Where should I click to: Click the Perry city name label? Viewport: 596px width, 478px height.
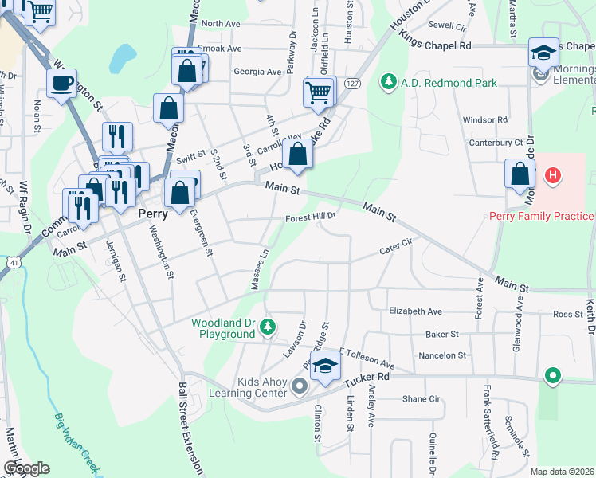tap(152, 214)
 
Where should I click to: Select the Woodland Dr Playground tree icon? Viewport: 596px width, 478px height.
tap(269, 326)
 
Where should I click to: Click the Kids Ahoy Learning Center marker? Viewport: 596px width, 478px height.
tap(300, 387)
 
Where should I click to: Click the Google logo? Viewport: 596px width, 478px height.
tap(25, 468)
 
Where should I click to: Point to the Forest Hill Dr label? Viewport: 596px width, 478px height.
tap(312, 216)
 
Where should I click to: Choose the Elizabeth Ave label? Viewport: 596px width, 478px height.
tap(414, 311)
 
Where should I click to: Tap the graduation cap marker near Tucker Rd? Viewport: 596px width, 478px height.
tap(325, 366)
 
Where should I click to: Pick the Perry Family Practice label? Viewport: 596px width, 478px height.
tap(542, 217)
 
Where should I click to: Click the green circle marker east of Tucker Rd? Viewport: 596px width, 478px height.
tap(551, 374)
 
